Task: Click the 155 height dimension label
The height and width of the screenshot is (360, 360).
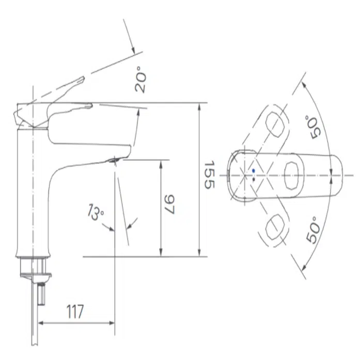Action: pos(209,175)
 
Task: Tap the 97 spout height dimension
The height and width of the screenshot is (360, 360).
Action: pos(170,205)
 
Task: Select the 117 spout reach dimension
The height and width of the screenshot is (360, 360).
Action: pos(75,311)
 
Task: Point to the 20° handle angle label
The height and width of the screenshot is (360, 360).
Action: pos(140,80)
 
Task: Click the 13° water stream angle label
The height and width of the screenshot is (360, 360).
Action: pos(96,211)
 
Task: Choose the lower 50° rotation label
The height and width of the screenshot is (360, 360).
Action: pos(312,230)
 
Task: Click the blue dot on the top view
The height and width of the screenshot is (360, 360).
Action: pos(253,170)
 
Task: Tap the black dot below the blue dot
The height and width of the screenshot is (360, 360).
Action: pos(254,179)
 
